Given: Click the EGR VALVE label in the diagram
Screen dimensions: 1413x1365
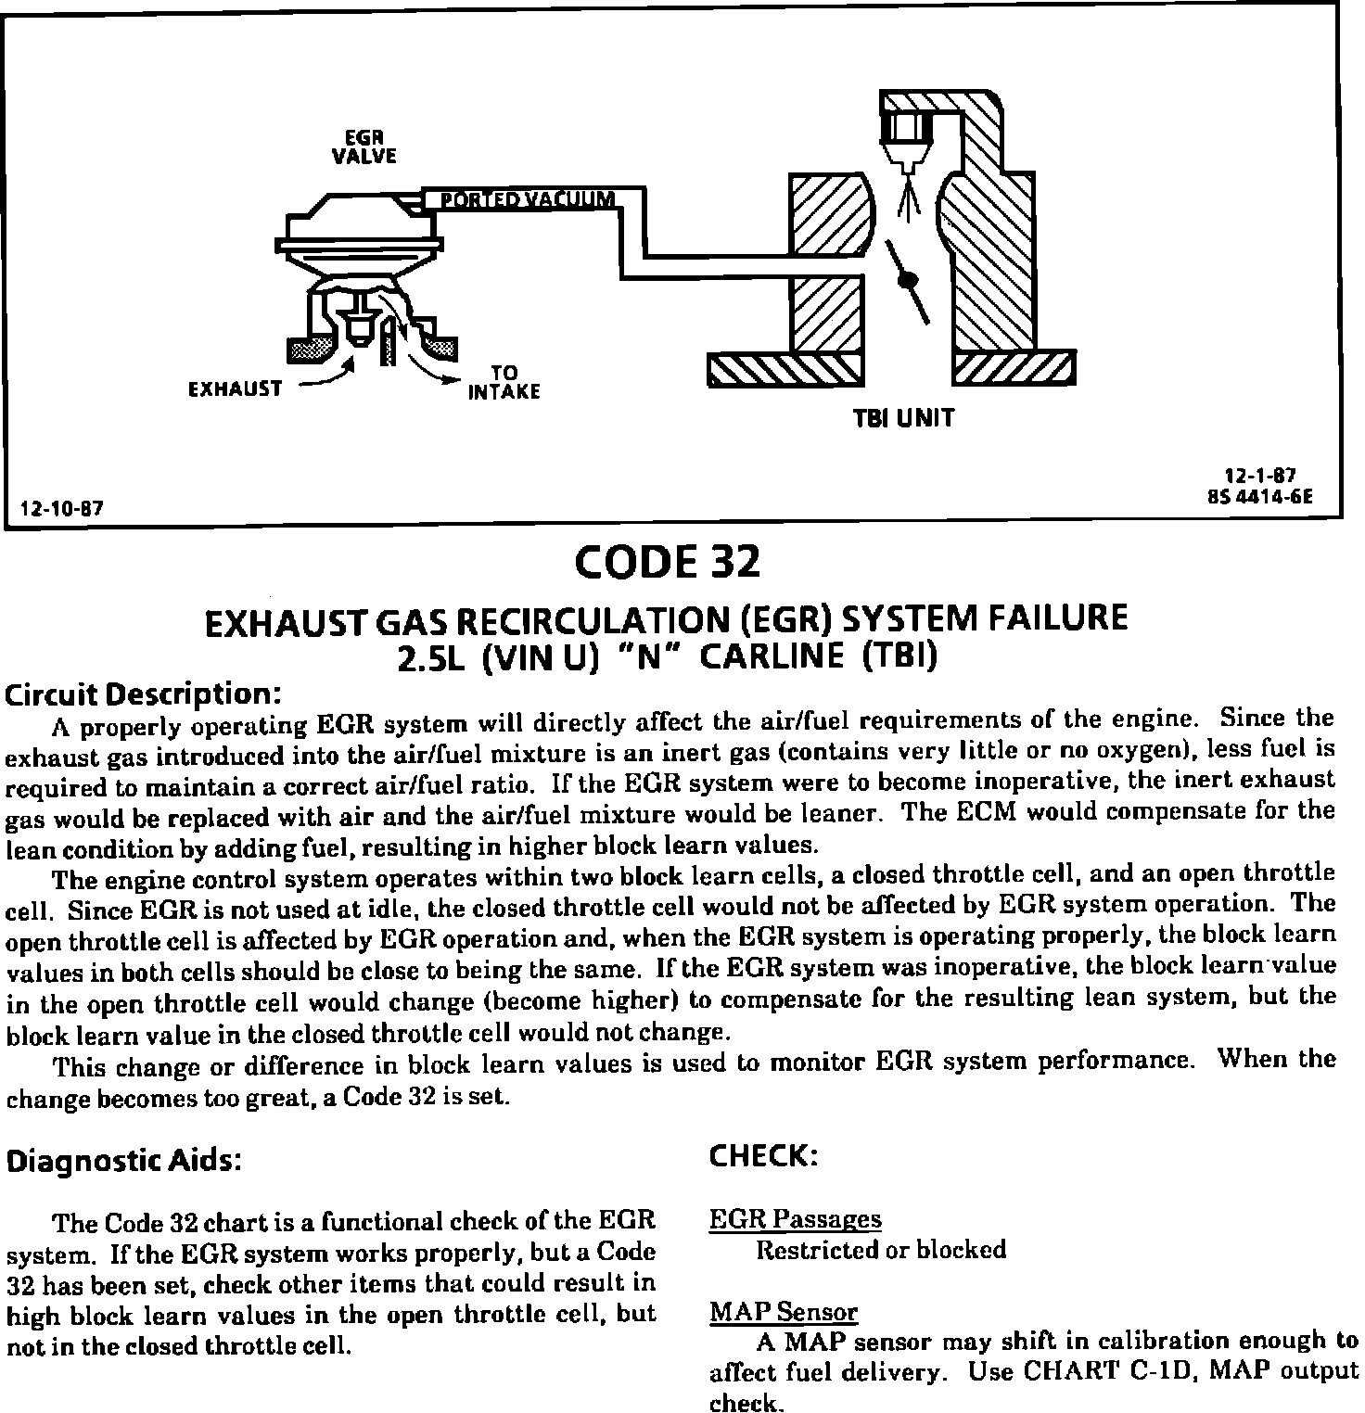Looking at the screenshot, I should (x=364, y=147).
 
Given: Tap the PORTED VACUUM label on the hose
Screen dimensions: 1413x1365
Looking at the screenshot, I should (x=527, y=199).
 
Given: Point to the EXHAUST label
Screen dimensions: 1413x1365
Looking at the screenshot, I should (x=235, y=389).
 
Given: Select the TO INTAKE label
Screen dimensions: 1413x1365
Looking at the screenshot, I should (x=504, y=383).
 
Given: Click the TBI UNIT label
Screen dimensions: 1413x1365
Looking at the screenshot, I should (x=902, y=418).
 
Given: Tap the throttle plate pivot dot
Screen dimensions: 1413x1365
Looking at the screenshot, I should (x=909, y=279).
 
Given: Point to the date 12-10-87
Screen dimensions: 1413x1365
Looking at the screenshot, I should (x=61, y=508).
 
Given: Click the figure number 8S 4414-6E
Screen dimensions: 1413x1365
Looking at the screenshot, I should (x=1260, y=495).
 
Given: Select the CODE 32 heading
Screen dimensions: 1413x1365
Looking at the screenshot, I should (x=667, y=562).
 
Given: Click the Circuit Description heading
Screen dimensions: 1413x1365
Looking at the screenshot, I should (x=143, y=694).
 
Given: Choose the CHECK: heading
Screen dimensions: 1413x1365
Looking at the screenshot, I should (x=763, y=1155).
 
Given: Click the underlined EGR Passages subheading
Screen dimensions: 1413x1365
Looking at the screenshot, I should (x=795, y=1219).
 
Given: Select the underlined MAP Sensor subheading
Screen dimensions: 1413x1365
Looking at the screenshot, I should (x=784, y=1312).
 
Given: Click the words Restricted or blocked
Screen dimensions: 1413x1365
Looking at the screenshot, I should (x=881, y=1250).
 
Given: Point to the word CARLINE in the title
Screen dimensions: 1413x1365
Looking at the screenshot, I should (x=771, y=656).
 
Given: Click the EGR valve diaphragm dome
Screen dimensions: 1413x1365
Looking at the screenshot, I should (x=359, y=213).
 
